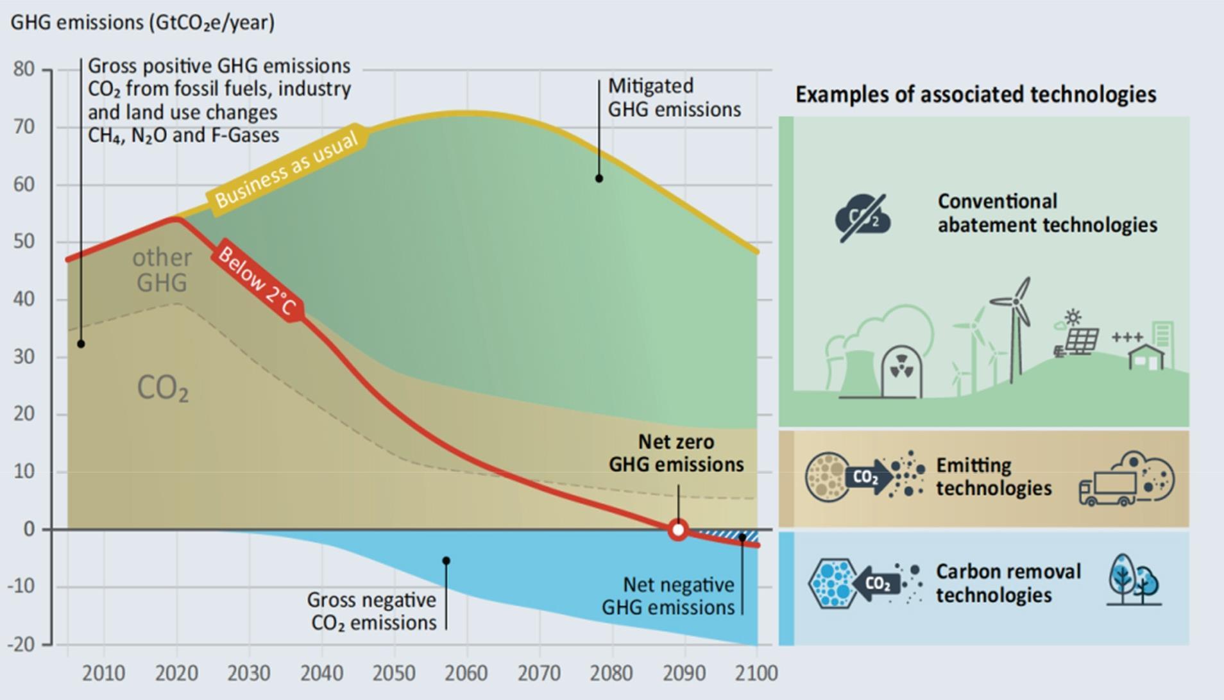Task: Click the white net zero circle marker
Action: [678, 530]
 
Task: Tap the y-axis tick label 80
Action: [24, 69]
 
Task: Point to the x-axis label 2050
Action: [394, 673]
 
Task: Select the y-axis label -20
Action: [21, 644]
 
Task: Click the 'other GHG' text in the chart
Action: [162, 270]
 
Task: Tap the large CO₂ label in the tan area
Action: [163, 388]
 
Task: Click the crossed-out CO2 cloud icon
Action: [863, 218]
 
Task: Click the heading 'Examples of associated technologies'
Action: [976, 94]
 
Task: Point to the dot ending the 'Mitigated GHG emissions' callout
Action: [599, 178]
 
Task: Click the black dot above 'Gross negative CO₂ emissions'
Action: [446, 561]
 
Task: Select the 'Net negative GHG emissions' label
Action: [668, 596]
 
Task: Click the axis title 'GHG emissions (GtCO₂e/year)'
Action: [142, 22]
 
